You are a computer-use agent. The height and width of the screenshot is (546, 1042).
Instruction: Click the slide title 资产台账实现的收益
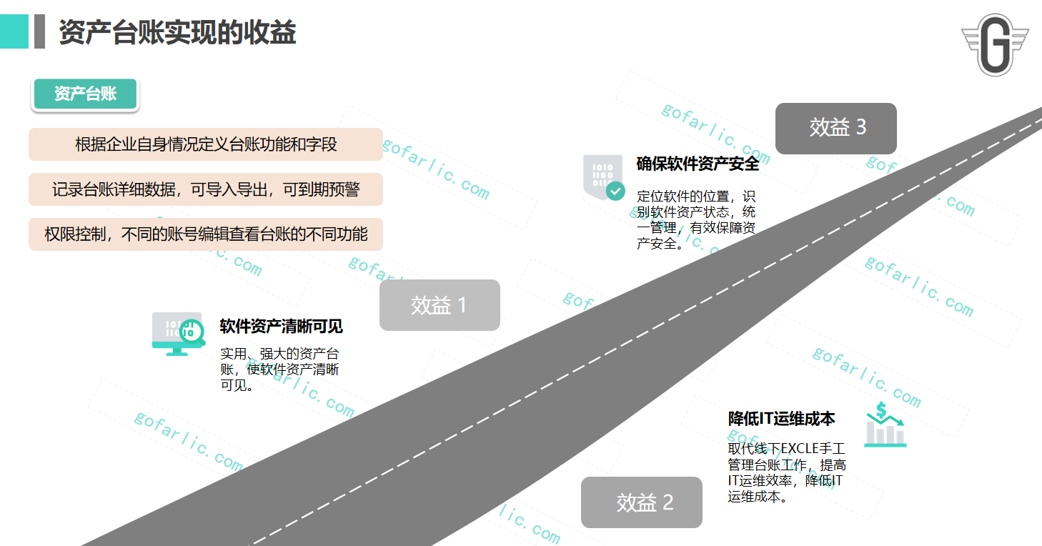pos(177,33)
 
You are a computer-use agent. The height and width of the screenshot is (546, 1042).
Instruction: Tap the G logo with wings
pos(995,44)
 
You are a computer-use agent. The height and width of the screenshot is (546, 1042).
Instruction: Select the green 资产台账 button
pos(85,94)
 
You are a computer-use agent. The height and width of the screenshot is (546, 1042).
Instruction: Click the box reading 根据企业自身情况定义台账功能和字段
pos(206,144)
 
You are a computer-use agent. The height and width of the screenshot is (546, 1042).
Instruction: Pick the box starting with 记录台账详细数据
pos(206,189)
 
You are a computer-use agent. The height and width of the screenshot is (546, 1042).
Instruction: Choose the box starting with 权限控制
pos(206,234)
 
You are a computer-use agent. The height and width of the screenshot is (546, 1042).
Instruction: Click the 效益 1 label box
pos(440,305)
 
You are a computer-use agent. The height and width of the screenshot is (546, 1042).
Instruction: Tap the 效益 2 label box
pos(642,502)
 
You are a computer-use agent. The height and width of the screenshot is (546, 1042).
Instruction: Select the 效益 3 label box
pos(836,128)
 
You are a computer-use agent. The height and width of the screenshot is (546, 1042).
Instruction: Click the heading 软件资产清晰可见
pos(282,327)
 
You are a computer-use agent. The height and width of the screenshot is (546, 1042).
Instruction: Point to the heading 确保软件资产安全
pos(698,164)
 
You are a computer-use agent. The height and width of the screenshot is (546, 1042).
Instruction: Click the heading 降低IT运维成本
pos(782,418)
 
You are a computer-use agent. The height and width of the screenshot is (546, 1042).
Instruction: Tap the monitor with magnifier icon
pos(178,333)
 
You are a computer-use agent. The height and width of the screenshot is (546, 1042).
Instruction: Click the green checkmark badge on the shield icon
pos(615,191)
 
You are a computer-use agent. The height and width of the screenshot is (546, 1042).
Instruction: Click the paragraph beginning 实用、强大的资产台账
pos(280,369)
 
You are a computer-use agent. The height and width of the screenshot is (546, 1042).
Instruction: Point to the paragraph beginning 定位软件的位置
pos(696,219)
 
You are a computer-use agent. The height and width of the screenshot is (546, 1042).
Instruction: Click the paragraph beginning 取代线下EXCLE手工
pos(786,472)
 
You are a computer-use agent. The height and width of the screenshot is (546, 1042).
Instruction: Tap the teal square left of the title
pos(14,31)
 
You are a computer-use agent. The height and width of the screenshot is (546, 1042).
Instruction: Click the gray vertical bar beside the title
pos(39,31)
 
